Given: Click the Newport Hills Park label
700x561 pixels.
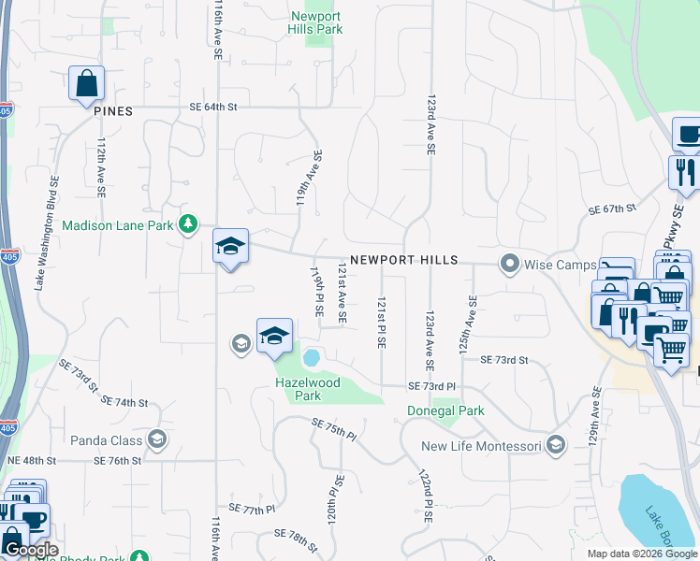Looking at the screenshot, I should coord(315,22).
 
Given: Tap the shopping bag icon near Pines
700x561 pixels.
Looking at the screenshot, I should coord(86,83).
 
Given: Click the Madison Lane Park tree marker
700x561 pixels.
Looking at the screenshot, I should coord(189,224).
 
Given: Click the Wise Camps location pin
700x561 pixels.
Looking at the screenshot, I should coord(510,264).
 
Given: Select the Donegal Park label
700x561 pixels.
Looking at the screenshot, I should coord(445,410).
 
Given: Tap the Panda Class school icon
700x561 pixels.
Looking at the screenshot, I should coord(157,439).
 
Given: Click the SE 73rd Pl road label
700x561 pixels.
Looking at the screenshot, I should coord(430,386).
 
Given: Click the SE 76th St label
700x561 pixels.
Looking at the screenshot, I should coord(117,461).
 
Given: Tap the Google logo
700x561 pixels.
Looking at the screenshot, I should coord(30,550).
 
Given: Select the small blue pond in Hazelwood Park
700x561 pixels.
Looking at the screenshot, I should coord(312,357).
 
